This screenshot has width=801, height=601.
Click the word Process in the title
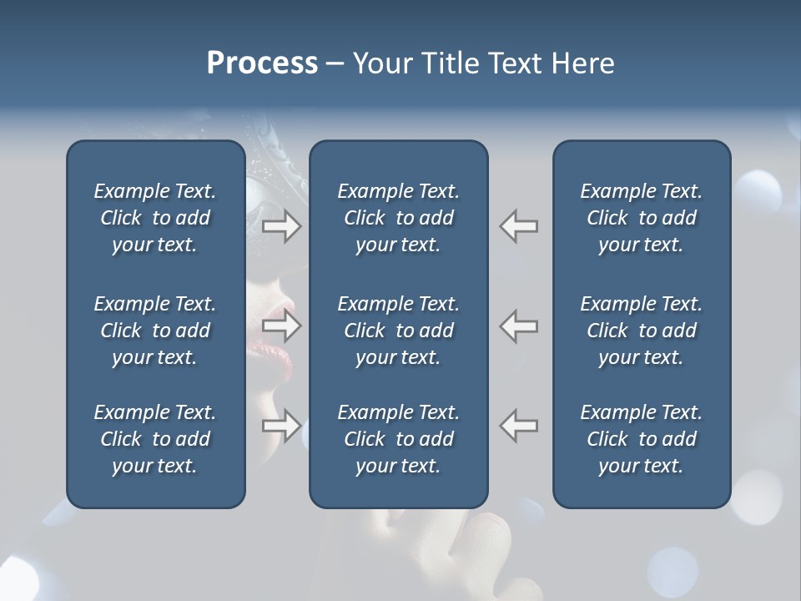tap(262, 63)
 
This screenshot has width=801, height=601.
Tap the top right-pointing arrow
tap(282, 226)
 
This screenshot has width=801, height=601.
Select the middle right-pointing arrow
tap(282, 326)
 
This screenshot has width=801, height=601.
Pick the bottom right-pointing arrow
tap(282, 426)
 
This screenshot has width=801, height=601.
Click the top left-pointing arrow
tap(519, 226)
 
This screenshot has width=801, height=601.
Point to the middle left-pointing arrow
tap(519, 326)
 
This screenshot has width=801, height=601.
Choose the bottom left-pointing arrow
tap(519, 426)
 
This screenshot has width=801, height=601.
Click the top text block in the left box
tap(155, 218)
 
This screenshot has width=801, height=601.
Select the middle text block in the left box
tap(155, 331)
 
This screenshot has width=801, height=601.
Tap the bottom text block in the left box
tap(155, 439)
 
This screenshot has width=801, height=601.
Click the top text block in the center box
tap(399, 218)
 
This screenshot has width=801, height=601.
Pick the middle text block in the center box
tap(399, 331)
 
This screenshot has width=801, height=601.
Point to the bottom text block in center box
tap(399, 439)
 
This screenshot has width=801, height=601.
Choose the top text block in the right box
tap(642, 218)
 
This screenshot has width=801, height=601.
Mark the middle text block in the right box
tap(642, 331)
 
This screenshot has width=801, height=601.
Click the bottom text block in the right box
tap(642, 439)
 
